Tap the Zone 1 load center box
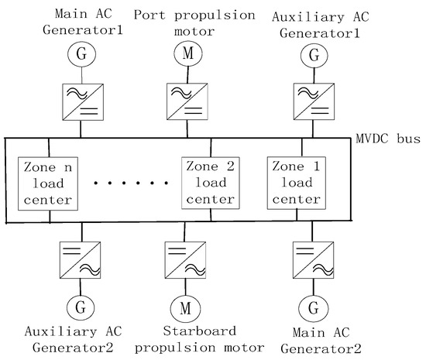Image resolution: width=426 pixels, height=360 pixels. (296, 183)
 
